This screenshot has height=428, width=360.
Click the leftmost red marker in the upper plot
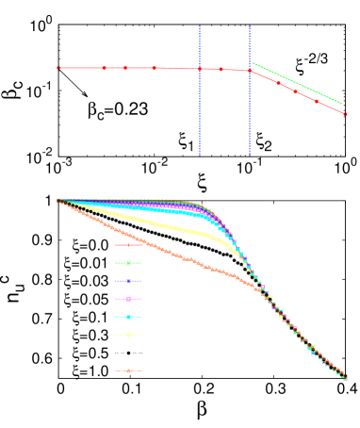coord(58,68)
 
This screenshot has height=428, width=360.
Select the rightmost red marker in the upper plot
coord(346,114)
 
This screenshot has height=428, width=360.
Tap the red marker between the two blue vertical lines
coord(221,69)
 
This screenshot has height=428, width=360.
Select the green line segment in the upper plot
coord(297,83)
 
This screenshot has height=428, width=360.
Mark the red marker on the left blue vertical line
coord(200,69)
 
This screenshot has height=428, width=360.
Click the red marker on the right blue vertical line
coord(250,70)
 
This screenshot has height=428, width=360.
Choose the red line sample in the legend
coord(128,245)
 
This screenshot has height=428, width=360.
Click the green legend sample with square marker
coord(128,263)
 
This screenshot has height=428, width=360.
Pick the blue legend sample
coord(128,281)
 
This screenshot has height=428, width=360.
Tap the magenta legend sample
coord(128,299)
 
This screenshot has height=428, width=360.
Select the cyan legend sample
coord(128,317)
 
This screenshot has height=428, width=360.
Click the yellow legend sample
coord(128,335)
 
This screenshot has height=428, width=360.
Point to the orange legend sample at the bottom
coord(128,370)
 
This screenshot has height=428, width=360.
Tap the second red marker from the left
coord(105,68)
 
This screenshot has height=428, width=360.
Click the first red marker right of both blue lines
coord(278,83)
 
